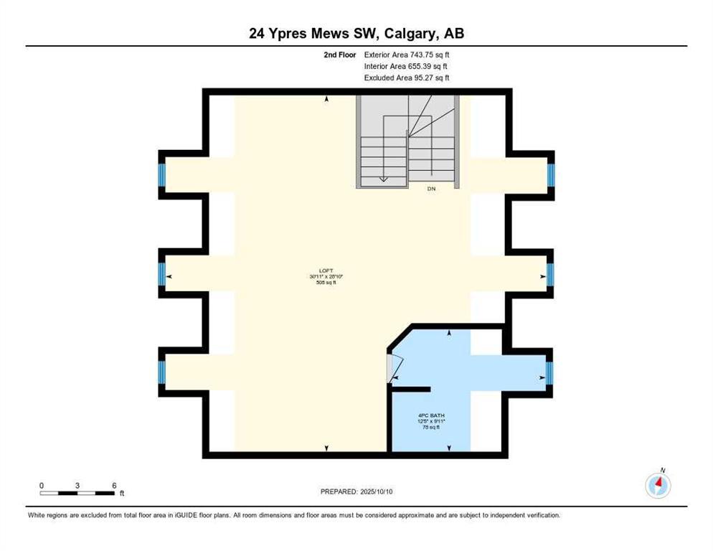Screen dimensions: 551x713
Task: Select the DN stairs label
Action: tap(431, 189)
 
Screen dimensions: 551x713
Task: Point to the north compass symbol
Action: tap(658, 485)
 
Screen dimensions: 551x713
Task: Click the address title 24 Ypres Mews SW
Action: tap(356, 33)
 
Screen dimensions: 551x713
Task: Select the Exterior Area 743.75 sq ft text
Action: tap(407, 55)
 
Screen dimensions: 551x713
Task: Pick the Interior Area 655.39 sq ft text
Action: tap(406, 66)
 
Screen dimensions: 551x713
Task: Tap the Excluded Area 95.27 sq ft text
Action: tap(407, 77)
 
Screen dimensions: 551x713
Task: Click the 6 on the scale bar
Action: tap(114, 485)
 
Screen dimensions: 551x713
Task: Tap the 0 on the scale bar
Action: tap(42, 485)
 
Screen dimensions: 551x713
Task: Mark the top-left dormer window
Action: tap(162, 174)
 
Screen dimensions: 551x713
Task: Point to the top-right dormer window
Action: tap(550, 174)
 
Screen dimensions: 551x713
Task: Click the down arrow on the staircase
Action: tap(384, 179)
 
